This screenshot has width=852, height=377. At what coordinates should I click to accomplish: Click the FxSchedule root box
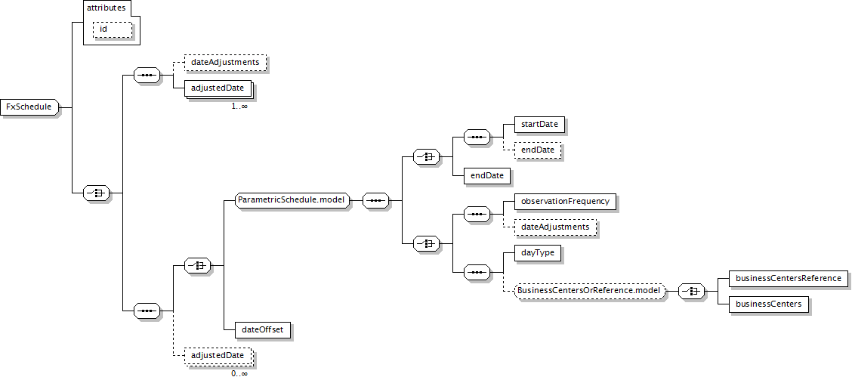coord(29,107)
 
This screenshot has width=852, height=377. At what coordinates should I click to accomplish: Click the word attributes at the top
coord(106,8)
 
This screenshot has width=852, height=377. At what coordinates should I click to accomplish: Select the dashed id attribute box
coord(113,29)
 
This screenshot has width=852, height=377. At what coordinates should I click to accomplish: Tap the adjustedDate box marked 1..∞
coord(218,88)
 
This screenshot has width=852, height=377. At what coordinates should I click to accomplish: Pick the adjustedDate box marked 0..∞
coord(218,356)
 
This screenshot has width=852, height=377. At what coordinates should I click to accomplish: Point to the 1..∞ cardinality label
coord(239,106)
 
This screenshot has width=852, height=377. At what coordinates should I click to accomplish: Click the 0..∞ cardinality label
coord(239,374)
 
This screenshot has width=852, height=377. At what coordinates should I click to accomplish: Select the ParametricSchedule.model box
coord(292,200)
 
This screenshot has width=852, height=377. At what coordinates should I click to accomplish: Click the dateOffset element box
coord(262,329)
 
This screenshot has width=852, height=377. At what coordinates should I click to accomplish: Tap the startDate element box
coord(539,125)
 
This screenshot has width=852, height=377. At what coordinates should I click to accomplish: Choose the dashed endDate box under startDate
coord(537,150)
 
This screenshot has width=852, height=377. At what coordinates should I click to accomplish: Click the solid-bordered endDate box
coord(486,175)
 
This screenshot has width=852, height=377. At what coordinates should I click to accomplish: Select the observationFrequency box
coord(564,202)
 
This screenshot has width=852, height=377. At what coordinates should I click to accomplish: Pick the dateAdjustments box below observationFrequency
coord(554,227)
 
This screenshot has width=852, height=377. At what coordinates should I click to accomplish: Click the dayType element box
coord(537,252)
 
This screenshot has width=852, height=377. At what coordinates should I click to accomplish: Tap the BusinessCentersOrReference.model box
coord(590,291)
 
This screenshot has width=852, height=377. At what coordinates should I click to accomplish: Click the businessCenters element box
coord(768,304)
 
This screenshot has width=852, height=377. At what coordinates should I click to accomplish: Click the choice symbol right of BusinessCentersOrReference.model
coord(691,291)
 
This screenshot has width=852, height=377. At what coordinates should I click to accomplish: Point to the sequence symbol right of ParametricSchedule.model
coord(375,200)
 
